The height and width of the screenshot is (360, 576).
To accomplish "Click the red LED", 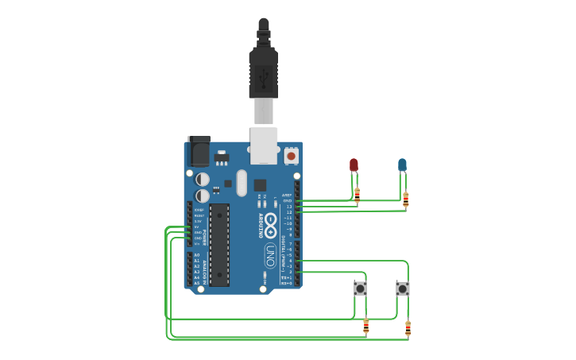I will click(x=354, y=165).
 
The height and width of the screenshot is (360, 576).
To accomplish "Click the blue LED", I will click(x=402, y=165).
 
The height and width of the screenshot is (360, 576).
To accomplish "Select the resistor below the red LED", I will click(x=357, y=194).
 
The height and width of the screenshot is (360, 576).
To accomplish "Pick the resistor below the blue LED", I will click(x=405, y=199).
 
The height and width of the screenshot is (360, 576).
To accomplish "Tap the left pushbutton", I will click(x=360, y=288).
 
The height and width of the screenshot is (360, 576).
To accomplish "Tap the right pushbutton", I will click(x=403, y=288).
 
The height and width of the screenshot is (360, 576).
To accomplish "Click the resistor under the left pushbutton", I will click(x=365, y=326).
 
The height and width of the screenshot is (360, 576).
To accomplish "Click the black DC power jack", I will click(x=199, y=150).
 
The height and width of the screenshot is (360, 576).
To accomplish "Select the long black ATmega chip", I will click(x=219, y=245).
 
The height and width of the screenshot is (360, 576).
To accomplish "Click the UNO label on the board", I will click(x=270, y=255).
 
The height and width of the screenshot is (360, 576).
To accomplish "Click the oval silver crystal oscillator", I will click(x=242, y=183).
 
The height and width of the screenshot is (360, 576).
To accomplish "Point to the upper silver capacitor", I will click(x=203, y=180).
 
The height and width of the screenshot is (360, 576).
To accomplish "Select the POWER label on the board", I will click(x=205, y=236).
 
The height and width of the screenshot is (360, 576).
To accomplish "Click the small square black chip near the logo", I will click(x=260, y=185).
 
